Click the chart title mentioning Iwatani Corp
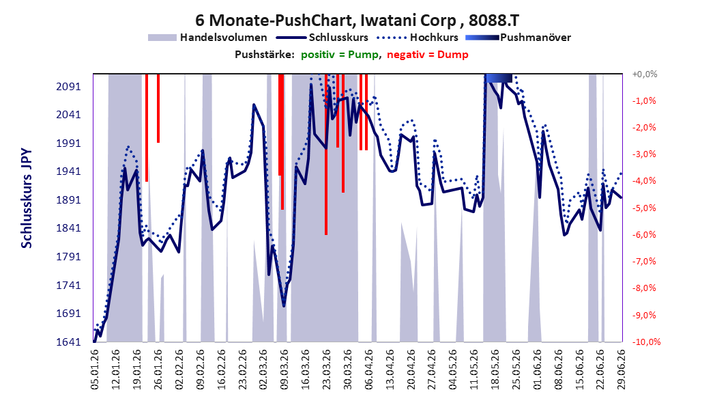[x=357, y=20]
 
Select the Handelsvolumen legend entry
[x=207, y=38]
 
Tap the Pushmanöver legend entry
[x=518, y=38]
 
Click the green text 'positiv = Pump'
[x=340, y=55]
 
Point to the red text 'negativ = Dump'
[x=428, y=55]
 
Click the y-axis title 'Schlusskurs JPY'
[x=27, y=198]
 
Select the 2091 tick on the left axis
[x=68, y=86]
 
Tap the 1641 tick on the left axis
[x=68, y=342]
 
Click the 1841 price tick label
[x=68, y=228]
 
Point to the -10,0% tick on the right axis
[x=645, y=342]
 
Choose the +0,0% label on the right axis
[x=645, y=74]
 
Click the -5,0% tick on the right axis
[x=644, y=208]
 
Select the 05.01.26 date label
[x=95, y=369]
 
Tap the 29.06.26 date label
[x=622, y=369]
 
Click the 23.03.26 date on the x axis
[x=327, y=369]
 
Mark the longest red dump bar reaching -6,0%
[x=326, y=154]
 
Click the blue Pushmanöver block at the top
[x=499, y=78]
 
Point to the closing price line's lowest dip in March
[x=284, y=305]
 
